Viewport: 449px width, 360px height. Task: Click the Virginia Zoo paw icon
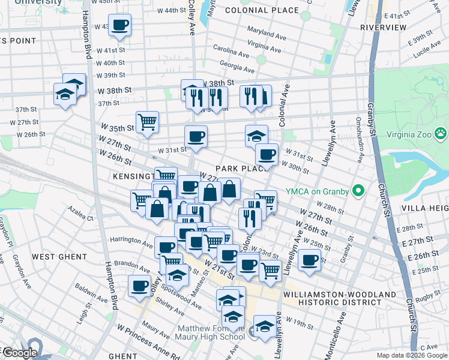pyautogui.click(x=441, y=133)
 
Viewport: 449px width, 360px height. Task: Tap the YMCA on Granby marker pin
pyautogui.click(x=359, y=191)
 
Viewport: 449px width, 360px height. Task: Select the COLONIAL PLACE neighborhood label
pyautogui.click(x=262, y=10)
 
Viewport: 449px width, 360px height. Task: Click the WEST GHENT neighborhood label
pyautogui.click(x=60, y=257)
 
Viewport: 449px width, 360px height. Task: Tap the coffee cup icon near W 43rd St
pyautogui.click(x=120, y=25)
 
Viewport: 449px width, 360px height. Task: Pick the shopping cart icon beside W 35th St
pyautogui.click(x=147, y=122)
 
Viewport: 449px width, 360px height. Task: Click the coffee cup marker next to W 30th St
pyautogui.click(x=267, y=154)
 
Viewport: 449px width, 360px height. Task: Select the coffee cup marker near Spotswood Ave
pyautogui.click(x=140, y=286)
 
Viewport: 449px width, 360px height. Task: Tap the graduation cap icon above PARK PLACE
pyautogui.click(x=256, y=135)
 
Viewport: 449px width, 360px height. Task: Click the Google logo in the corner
pyautogui.click(x=19, y=353)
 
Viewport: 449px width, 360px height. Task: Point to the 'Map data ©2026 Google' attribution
pyautogui.click(x=411, y=355)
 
